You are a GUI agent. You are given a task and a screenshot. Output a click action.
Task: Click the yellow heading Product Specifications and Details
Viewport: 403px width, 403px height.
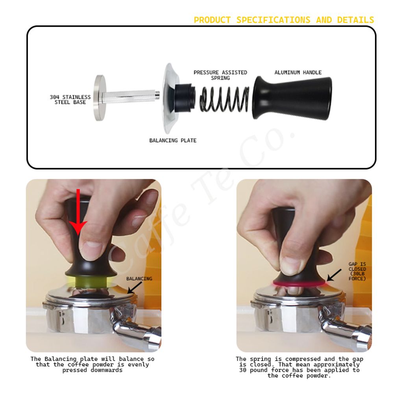(284, 20)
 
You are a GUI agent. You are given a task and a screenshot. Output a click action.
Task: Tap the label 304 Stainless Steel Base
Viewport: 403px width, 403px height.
(70, 100)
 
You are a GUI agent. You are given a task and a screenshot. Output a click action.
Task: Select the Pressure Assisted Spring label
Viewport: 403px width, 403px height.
(220, 75)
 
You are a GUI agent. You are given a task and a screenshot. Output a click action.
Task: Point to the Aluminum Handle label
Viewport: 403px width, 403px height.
(298, 72)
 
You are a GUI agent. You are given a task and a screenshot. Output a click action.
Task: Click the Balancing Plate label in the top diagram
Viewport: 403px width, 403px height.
(173, 140)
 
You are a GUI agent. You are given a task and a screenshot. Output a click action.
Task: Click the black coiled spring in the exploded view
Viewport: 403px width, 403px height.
(224, 99)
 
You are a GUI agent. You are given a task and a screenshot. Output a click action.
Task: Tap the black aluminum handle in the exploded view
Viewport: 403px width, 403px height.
(292, 98)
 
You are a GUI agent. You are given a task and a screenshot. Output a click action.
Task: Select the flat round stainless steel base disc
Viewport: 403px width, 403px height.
(100, 98)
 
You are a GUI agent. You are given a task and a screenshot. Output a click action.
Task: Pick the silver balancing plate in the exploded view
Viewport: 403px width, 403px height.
(170, 98)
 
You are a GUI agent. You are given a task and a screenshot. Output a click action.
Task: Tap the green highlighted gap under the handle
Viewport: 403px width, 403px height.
(91, 281)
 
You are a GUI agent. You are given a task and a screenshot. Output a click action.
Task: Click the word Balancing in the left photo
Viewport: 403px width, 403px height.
(139, 279)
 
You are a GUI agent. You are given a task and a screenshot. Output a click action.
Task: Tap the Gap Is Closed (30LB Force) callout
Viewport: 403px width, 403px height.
(357, 272)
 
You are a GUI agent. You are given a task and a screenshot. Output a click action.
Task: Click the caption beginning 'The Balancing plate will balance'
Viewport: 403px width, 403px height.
(92, 364)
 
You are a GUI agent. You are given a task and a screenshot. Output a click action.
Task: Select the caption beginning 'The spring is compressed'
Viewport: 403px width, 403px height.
(299, 367)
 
